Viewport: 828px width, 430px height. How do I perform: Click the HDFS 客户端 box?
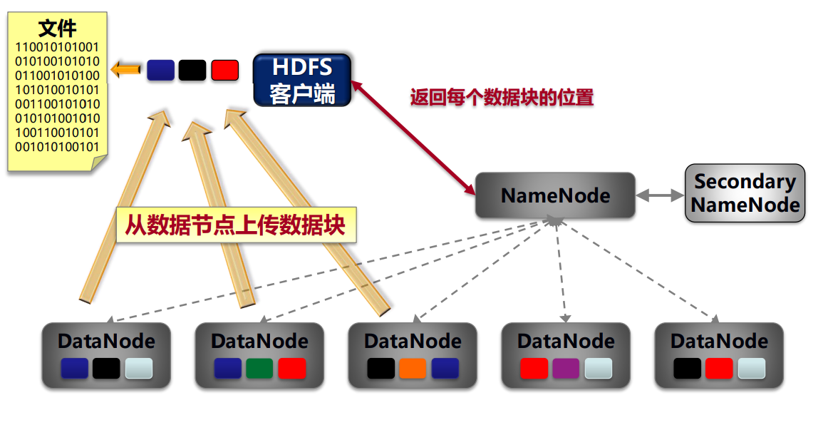tap(302, 81)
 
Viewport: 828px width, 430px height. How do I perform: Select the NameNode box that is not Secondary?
tap(555, 195)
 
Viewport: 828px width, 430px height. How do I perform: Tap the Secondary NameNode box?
tap(745, 193)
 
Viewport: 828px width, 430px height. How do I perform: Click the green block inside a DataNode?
tap(259, 368)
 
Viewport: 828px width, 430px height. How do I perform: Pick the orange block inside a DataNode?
tap(413, 368)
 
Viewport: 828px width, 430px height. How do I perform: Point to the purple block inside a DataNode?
tap(566, 368)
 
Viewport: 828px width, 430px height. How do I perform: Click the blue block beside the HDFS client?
tap(160, 71)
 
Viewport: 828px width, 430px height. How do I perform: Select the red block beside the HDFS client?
tap(225, 71)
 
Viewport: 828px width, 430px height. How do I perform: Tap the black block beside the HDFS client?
tap(192, 71)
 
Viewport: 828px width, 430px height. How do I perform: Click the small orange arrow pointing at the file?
tap(125, 69)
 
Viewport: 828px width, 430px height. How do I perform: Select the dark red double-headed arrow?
tap(413, 138)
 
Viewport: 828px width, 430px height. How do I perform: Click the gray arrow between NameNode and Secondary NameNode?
tap(660, 195)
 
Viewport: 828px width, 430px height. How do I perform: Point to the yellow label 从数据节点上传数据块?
tap(236, 225)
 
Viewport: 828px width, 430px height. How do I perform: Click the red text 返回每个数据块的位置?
tap(502, 98)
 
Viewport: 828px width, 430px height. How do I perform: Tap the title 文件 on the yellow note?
tap(58, 28)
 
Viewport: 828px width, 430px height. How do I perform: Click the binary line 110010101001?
tap(57, 47)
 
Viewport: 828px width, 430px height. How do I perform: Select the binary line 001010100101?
tap(57, 147)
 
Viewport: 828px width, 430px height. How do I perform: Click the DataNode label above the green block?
tap(259, 342)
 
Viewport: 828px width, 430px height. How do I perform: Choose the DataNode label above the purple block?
tap(566, 342)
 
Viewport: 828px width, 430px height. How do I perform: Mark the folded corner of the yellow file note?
tap(99, 163)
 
